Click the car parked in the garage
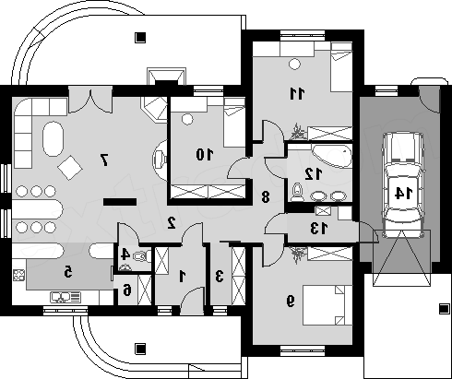403,184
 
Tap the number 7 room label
104,160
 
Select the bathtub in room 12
332,156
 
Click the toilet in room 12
297,192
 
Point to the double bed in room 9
327,305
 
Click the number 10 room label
205,154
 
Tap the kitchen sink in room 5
65,298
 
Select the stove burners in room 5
18,275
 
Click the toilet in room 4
143,256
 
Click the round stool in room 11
294,64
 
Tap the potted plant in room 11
298,132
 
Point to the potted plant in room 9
298,255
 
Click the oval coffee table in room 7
54,139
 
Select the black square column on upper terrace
140,38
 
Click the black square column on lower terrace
140,349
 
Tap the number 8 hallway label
266,196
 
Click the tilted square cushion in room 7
70,168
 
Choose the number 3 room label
219,276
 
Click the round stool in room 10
187,119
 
